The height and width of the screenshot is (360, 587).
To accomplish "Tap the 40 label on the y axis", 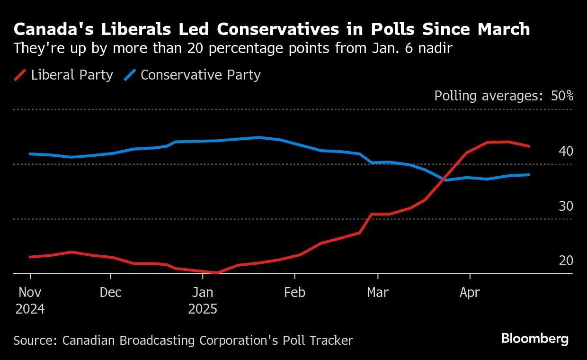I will (566, 151).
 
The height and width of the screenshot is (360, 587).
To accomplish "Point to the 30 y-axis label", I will (566, 206).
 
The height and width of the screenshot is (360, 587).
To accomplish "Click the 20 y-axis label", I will (566, 261).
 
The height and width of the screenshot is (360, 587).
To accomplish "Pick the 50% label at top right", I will (562, 96).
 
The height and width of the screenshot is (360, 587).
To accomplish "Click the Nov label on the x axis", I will (30, 292).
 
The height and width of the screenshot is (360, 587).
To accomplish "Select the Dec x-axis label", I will (111, 292).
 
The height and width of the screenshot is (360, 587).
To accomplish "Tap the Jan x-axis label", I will (203, 292).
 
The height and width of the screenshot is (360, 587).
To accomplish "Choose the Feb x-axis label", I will (294, 292).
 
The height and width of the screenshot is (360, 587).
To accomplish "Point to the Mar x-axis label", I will (378, 292).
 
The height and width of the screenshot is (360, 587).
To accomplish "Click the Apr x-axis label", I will (470, 292).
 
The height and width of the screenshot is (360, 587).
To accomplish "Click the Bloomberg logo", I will (535, 339).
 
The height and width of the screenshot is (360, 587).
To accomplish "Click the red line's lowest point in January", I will (217, 273).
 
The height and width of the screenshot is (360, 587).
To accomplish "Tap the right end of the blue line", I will (529, 175).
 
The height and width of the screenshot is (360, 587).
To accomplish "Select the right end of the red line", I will (529, 146).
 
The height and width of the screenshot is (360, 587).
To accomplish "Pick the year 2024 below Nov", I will (30, 309).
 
